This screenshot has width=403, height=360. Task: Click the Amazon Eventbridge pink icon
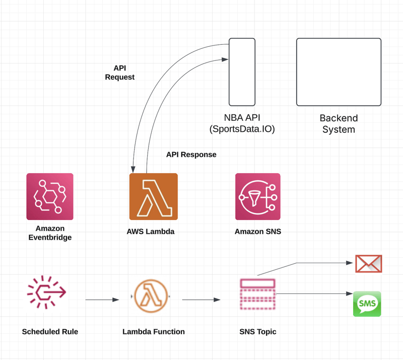[x=50, y=196]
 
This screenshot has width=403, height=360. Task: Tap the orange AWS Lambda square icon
[x=154, y=196]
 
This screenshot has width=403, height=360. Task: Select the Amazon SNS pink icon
[x=258, y=196]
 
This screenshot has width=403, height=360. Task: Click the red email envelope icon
[x=369, y=264]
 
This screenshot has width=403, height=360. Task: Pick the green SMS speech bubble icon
[x=367, y=304]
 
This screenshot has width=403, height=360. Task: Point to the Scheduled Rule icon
[x=46, y=292]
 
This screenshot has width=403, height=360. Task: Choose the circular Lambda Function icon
[x=151, y=296]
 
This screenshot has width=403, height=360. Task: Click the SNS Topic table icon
[x=258, y=294]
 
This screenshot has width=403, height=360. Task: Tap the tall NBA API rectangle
[x=242, y=72]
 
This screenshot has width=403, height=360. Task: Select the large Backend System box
[x=339, y=72]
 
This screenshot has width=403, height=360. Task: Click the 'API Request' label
[x=120, y=73]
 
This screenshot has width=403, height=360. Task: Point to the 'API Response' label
[x=191, y=155]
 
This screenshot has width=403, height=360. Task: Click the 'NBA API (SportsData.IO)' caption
[x=242, y=123]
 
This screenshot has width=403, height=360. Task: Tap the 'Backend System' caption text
[x=339, y=123]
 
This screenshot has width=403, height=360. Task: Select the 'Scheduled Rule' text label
[x=50, y=331]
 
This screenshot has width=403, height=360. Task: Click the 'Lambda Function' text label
[x=154, y=331]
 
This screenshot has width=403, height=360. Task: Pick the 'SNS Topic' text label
[x=258, y=332]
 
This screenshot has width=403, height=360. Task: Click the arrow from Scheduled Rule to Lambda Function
[x=102, y=300]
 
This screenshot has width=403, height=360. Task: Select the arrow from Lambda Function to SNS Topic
[x=201, y=300]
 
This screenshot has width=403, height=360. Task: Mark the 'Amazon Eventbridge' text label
[x=50, y=233]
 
